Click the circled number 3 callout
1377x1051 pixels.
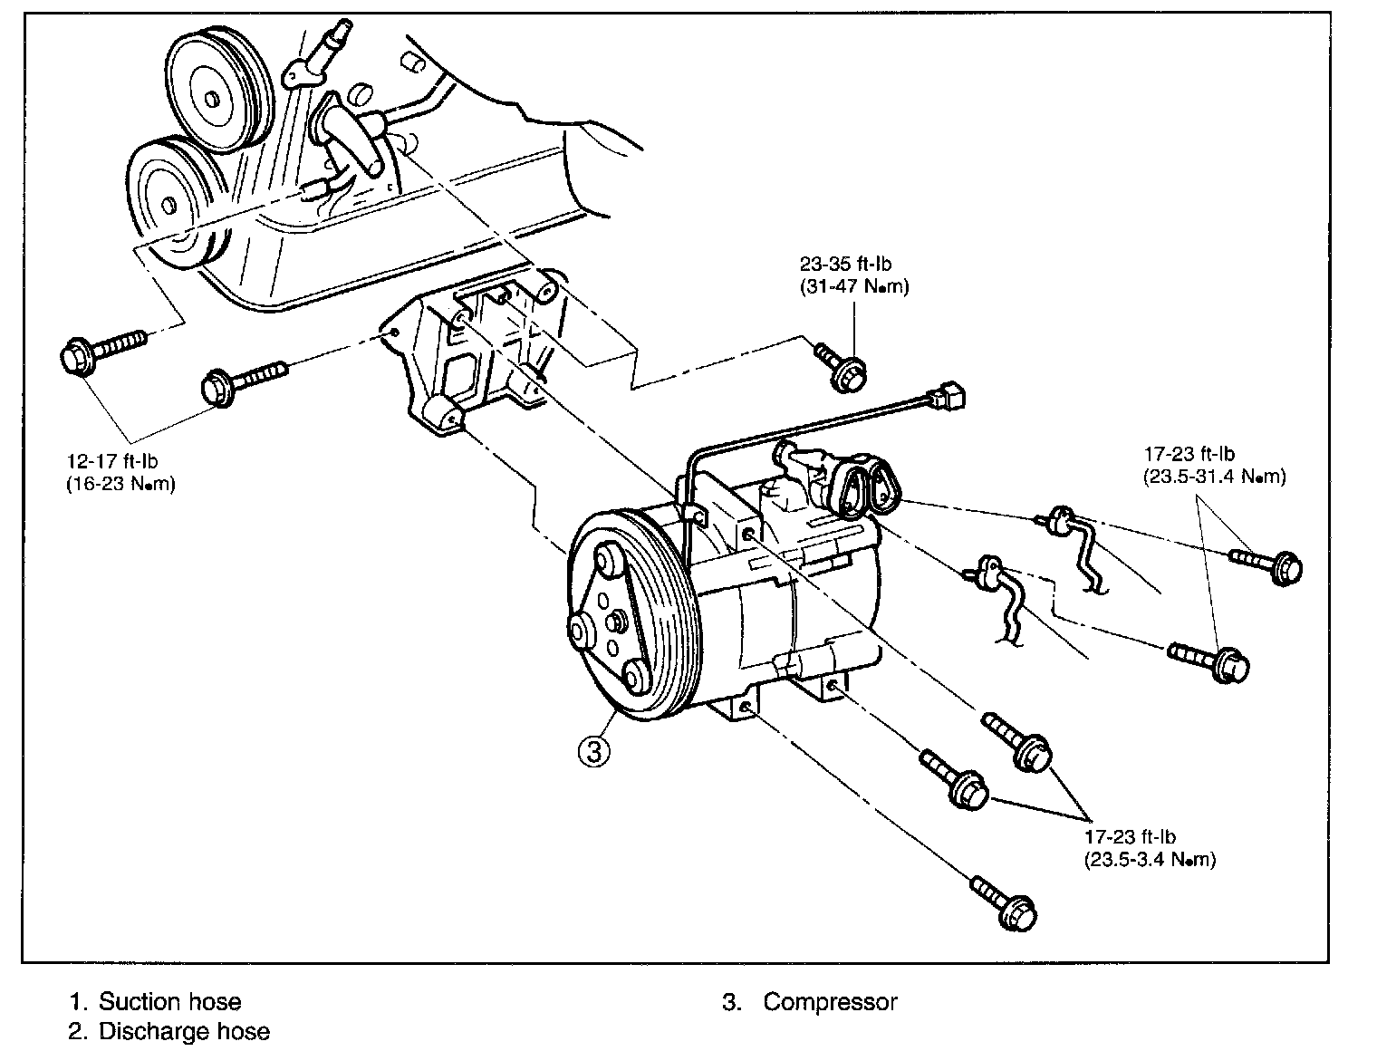(593, 751)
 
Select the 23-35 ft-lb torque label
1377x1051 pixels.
(845, 265)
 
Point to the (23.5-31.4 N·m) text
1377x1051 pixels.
(1214, 477)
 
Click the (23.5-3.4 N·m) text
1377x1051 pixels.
(1150, 860)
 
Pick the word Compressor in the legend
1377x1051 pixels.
(830, 1002)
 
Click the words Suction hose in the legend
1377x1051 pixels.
(170, 1002)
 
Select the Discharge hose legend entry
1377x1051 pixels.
(184, 1031)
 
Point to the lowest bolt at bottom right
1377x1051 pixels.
(1005, 902)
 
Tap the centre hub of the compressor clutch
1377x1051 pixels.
(616, 622)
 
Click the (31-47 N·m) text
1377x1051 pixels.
(853, 286)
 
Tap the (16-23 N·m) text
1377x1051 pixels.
(120, 484)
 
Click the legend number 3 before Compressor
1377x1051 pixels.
(730, 1002)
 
